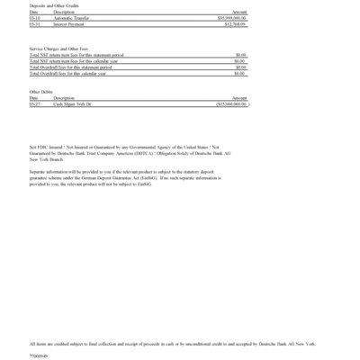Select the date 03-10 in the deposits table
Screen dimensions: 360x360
(34, 16)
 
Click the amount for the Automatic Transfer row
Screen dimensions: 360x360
(231, 16)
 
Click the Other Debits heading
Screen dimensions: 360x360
(41, 92)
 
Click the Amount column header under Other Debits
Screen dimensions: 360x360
(239, 98)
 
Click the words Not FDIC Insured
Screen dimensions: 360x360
(45, 145)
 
